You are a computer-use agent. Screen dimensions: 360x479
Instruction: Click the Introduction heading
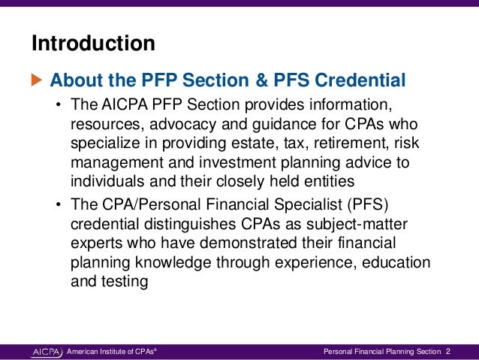pyautogui.click(x=93, y=44)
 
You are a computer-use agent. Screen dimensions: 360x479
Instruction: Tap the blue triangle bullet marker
pyautogui.click(x=37, y=79)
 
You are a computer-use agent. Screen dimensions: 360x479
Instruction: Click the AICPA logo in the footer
pyautogui.click(x=47, y=351)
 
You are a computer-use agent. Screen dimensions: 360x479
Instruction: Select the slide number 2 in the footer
pyautogui.click(x=448, y=351)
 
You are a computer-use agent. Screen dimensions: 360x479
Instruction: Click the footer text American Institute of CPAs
pyautogui.click(x=112, y=351)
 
